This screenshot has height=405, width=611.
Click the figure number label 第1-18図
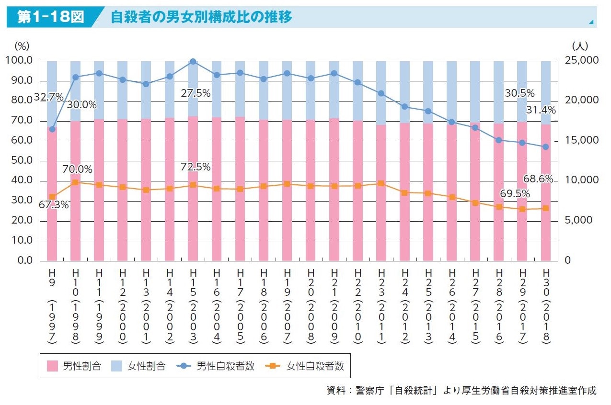pos(51,17)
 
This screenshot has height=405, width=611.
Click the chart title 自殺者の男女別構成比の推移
pos(201,17)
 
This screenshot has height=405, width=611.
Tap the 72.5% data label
pos(196,167)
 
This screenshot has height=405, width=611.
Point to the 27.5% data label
pos(196,94)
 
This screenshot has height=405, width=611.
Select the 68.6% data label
pos(538,180)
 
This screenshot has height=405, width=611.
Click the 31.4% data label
pos(541,110)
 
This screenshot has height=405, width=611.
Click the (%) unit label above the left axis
pos(22,46)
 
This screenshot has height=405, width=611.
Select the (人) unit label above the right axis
pos(580,46)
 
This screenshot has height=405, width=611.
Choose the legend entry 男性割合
pos(75,367)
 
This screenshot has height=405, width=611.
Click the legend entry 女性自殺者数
pos(306,367)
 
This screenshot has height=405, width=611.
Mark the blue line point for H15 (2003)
pos(193,61)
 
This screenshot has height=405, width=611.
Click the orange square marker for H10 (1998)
pos(75,182)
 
